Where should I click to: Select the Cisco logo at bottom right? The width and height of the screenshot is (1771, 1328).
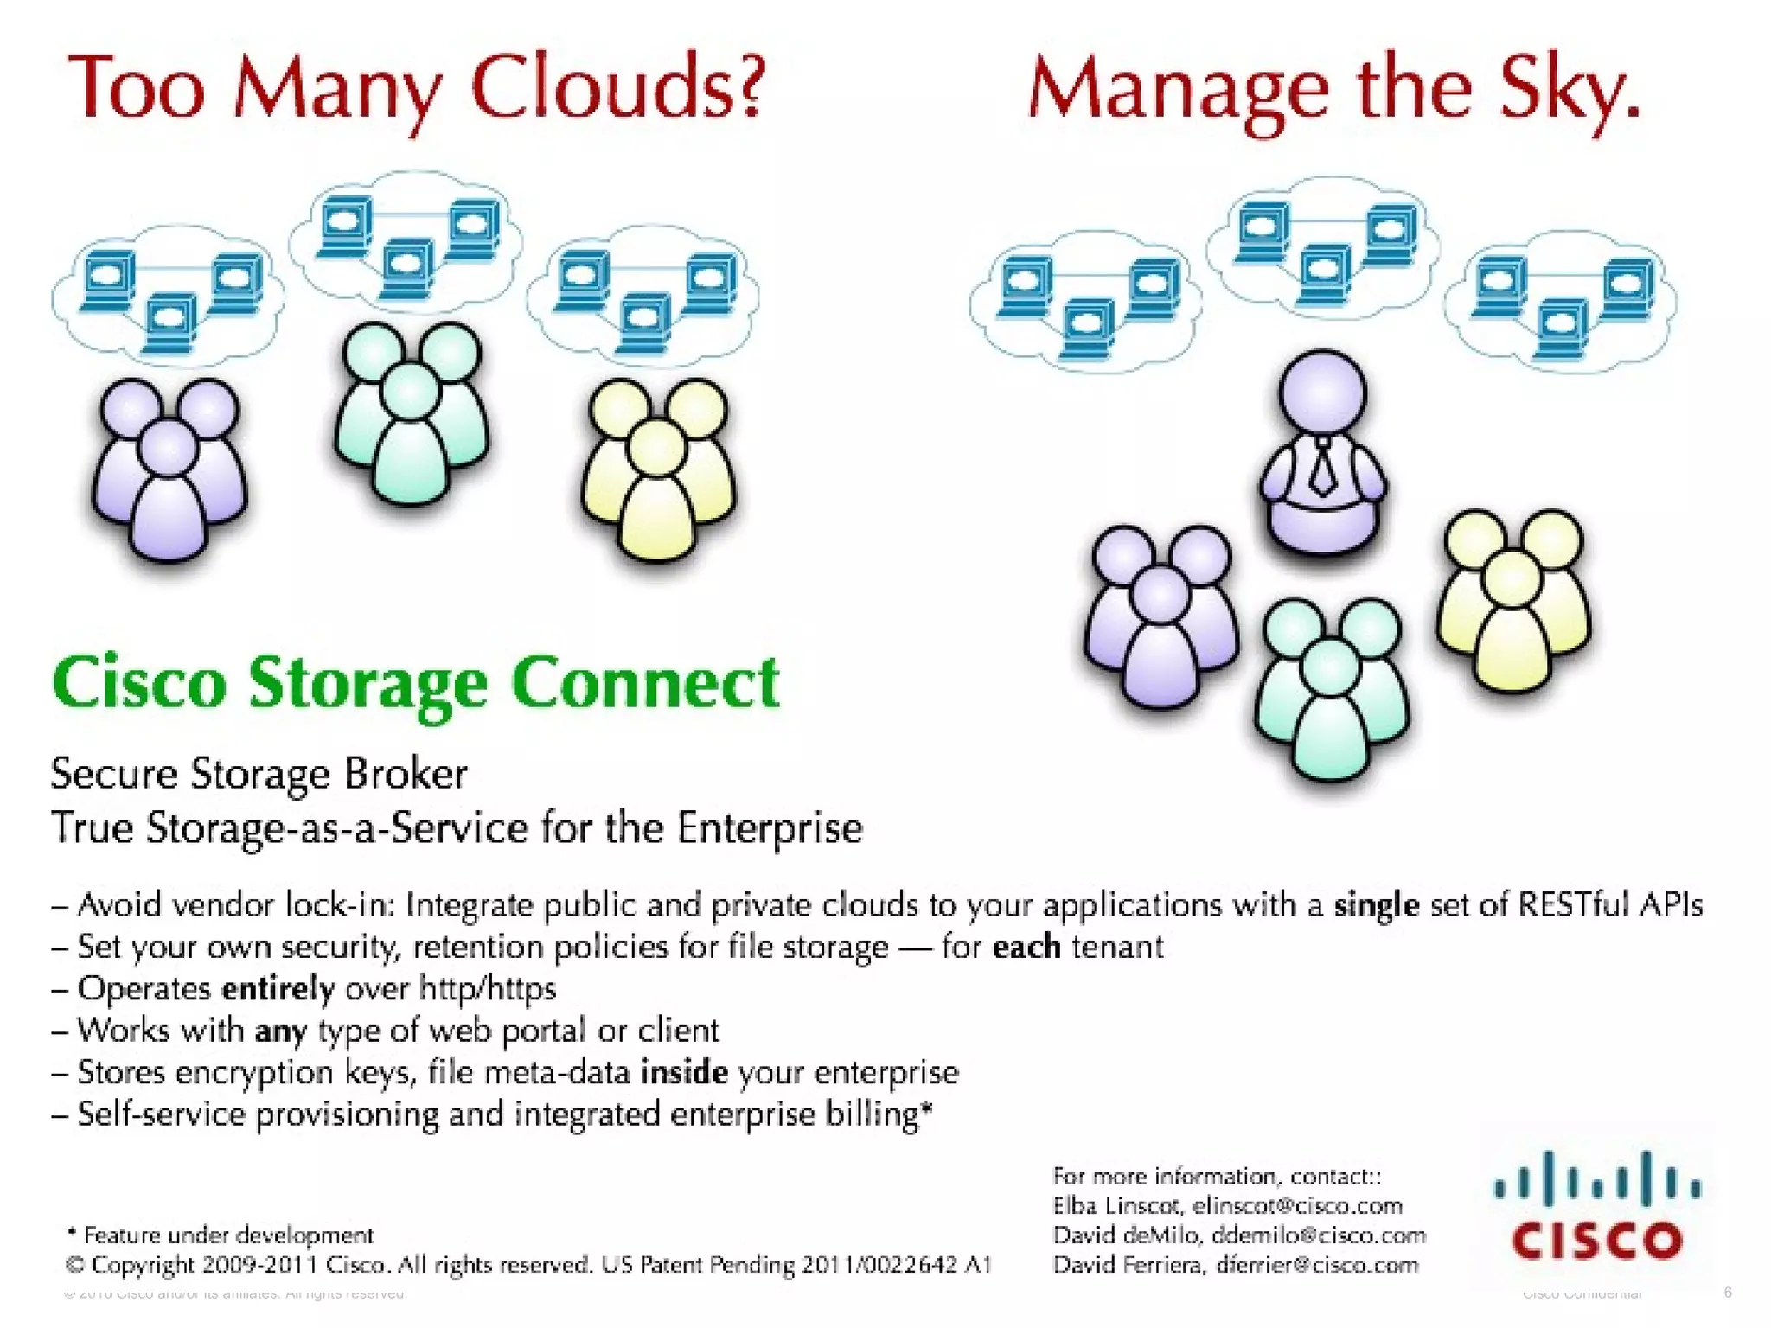point(1596,1206)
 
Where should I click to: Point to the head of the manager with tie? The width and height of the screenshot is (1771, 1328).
point(1322,393)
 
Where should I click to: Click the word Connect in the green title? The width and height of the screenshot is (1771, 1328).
point(644,683)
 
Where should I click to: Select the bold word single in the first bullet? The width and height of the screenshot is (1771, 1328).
point(1376,905)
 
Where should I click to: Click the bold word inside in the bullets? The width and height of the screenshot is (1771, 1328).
point(683,1072)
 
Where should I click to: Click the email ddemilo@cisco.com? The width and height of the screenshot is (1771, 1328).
point(1318,1235)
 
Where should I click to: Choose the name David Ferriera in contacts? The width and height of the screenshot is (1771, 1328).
point(1128,1265)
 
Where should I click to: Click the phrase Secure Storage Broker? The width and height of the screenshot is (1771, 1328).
point(259,773)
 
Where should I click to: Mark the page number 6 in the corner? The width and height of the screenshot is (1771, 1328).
point(1728,1293)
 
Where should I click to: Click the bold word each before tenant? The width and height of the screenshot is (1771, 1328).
point(1026,947)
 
